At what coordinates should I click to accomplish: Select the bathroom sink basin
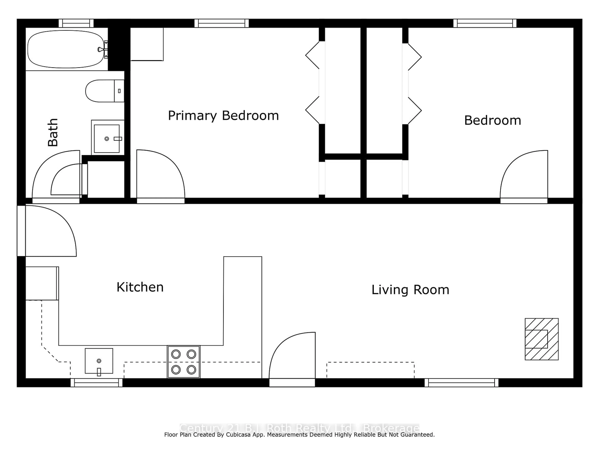click(x=107, y=138)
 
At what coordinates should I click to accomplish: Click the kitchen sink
click(x=99, y=361)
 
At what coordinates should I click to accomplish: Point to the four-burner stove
click(x=184, y=362)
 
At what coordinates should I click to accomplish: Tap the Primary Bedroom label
click(x=223, y=116)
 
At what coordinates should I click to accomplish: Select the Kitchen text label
click(x=140, y=287)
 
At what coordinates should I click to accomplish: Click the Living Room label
click(x=410, y=290)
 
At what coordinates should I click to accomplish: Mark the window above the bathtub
click(x=76, y=23)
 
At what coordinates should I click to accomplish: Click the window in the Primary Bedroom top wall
click(x=222, y=23)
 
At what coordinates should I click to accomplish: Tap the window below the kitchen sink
click(x=96, y=383)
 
